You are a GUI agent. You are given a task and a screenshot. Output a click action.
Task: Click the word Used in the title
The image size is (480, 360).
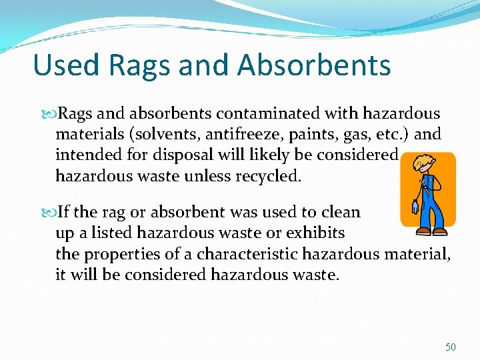65,65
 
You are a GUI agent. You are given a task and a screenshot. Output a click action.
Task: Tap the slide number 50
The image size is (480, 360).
451,347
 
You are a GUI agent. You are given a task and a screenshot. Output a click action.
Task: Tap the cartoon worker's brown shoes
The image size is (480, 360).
431,231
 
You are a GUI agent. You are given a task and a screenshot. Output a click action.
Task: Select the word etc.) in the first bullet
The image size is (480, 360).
396,135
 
